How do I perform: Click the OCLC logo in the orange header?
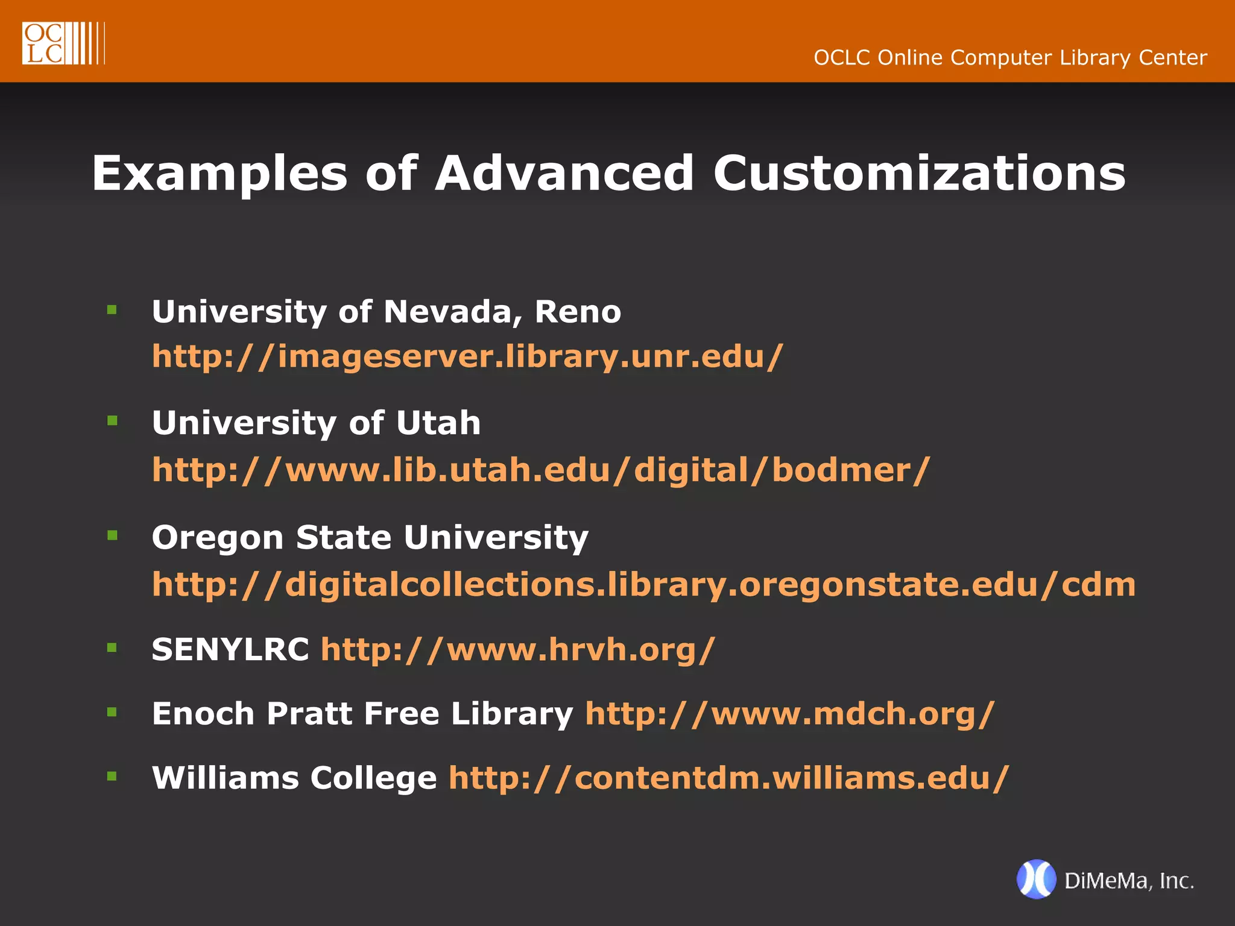[63, 43]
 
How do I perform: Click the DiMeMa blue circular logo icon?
[1036, 879]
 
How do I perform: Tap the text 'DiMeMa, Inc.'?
[1129, 881]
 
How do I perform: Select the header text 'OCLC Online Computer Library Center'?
[1010, 58]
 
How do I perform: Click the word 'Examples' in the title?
[220, 174]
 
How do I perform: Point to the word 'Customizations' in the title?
[919, 174]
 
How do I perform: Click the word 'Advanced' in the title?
[564, 174]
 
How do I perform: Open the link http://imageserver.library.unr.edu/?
[467, 356]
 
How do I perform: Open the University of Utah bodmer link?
[541, 470]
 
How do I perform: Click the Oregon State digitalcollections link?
[643, 584]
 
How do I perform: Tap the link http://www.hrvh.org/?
[517, 649]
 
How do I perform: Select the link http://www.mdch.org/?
[789, 714]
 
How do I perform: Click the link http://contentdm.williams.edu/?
[728, 778]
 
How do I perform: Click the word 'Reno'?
[578, 312]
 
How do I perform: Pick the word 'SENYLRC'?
[230, 649]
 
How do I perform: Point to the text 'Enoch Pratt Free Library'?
[362, 714]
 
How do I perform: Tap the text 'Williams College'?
[294, 778]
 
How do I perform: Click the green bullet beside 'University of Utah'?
[112, 421]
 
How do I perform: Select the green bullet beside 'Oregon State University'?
[112, 535]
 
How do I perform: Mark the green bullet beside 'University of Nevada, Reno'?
[112, 310]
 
